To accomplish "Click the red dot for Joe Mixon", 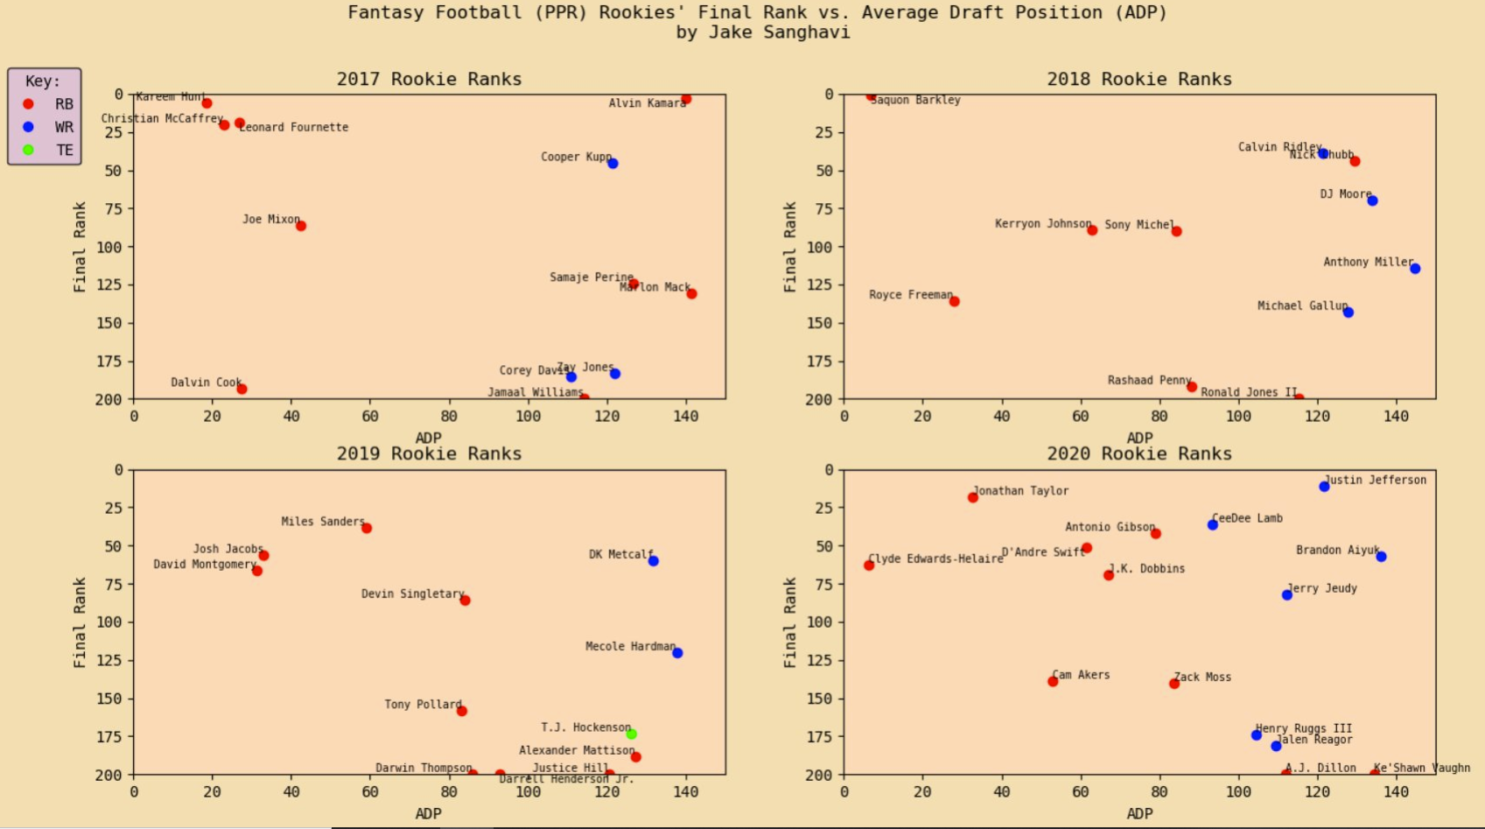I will tap(301, 226).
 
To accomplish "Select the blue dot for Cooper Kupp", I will tap(613, 164).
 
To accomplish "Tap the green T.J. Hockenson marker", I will tap(632, 734).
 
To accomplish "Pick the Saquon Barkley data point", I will tap(871, 95).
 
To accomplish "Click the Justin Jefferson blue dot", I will tap(1324, 487).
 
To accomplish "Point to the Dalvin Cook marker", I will tap(242, 389).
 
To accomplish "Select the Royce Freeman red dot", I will tap(955, 301).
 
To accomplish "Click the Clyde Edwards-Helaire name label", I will tap(935, 559).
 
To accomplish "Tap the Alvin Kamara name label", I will tap(647, 103).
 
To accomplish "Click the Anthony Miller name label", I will tap(1368, 262).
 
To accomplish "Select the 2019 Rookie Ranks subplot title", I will tap(429, 453).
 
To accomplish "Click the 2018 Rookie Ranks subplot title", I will tap(1139, 79).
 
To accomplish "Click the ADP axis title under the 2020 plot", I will tap(1139, 813).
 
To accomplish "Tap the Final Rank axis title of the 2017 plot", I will tap(80, 247).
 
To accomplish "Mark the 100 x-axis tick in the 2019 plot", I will tap(529, 791).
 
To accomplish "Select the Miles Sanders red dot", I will tap(367, 528).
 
